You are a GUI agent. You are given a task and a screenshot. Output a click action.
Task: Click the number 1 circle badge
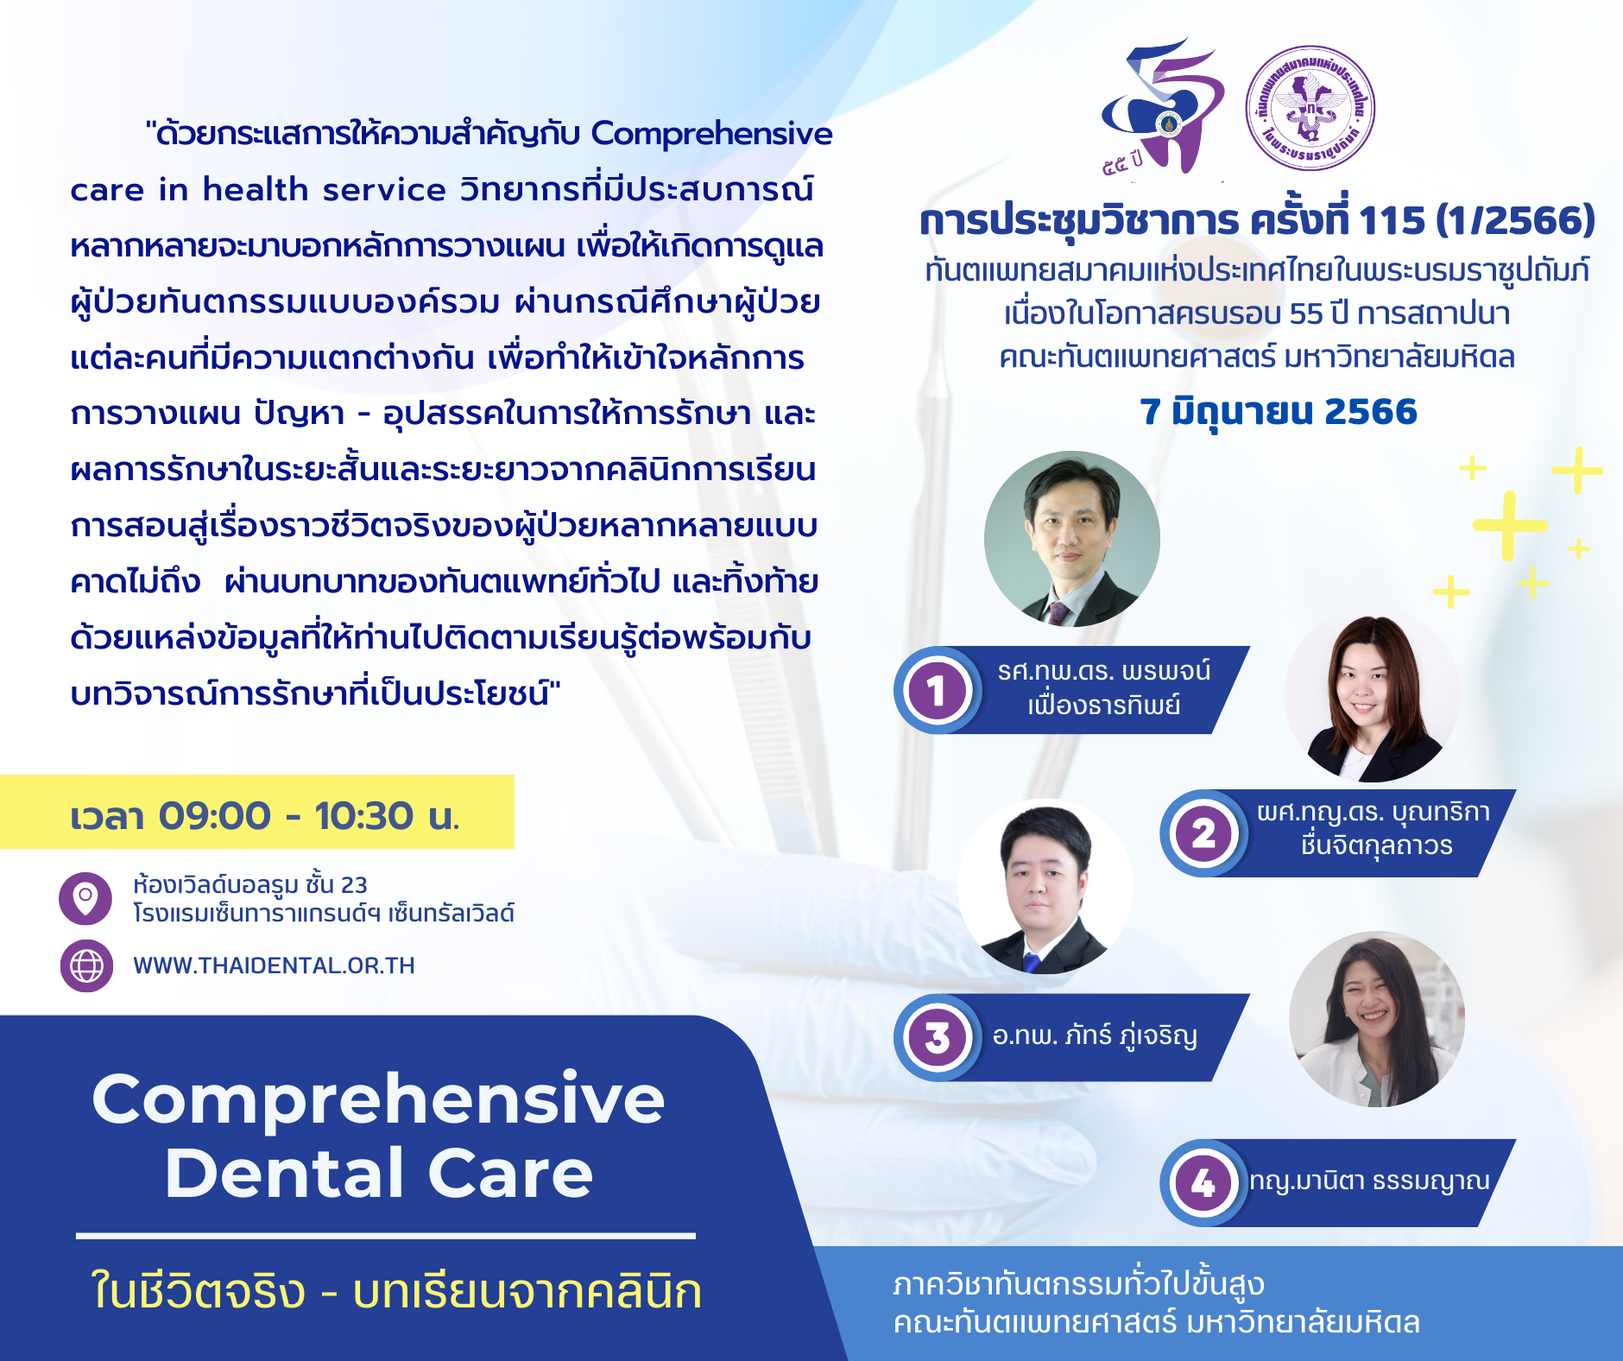tap(937, 690)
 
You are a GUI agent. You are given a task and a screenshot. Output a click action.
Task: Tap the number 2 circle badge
tap(1203, 833)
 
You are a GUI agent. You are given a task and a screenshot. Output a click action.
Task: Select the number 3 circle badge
tap(937, 1037)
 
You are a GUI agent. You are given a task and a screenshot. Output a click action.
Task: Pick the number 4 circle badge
tap(1203, 1183)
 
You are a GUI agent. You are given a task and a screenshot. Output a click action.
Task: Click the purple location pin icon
tap(85, 898)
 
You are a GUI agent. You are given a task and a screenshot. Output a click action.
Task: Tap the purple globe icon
tap(86, 965)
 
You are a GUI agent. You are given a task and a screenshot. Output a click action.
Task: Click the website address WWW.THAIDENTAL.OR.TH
tap(274, 965)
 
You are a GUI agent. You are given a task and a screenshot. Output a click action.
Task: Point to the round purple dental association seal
tap(1310, 108)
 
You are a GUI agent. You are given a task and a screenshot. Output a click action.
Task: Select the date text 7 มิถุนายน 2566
tap(1279, 412)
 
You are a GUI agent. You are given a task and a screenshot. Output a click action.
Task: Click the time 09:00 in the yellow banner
tap(214, 816)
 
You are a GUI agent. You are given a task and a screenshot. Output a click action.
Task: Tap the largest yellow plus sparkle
tap(1509, 525)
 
